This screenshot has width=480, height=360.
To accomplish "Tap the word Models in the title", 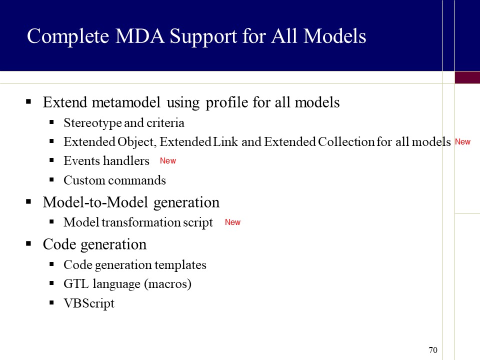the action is pyautogui.click(x=335, y=36).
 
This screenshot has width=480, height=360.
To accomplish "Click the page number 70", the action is pyautogui.click(x=433, y=350).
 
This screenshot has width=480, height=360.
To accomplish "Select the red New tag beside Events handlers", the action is pyautogui.click(x=168, y=160).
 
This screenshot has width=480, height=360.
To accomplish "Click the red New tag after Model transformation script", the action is pyautogui.click(x=232, y=222).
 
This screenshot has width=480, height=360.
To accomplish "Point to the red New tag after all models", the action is pyautogui.click(x=462, y=141).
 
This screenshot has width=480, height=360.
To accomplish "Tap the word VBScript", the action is pyautogui.click(x=89, y=303).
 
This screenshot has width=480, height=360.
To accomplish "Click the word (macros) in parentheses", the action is pyautogui.click(x=168, y=284).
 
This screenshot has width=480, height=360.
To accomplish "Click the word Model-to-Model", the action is pyautogui.click(x=95, y=202).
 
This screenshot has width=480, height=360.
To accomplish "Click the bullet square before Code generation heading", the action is pyautogui.click(x=29, y=244).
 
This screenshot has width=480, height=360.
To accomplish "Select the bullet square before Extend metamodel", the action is pyautogui.click(x=29, y=101).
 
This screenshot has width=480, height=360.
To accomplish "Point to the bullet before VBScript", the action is pyautogui.click(x=51, y=303).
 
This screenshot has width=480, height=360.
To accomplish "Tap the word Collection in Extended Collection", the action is pyautogui.click(x=346, y=141).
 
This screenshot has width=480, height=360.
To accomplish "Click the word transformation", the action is pyautogui.click(x=141, y=222).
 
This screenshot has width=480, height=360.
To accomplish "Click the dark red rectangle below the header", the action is pyautogui.click(x=467, y=77).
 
